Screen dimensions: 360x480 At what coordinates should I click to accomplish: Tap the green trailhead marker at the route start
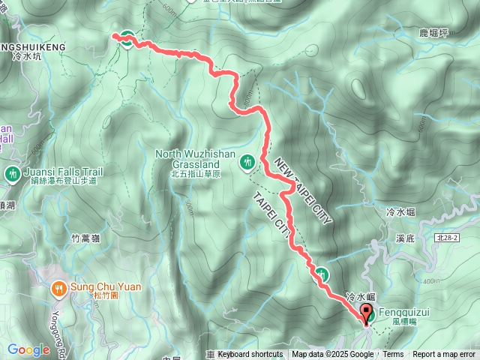tap(127, 40)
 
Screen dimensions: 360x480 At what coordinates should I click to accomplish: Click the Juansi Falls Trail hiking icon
tap(12, 174)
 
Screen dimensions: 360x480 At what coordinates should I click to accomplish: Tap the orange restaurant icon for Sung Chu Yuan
tap(59, 286)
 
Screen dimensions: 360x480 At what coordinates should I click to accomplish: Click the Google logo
tap(28, 349)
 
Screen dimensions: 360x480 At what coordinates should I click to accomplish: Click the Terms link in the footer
tap(393, 355)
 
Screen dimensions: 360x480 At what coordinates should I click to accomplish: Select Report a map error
tap(445, 355)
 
